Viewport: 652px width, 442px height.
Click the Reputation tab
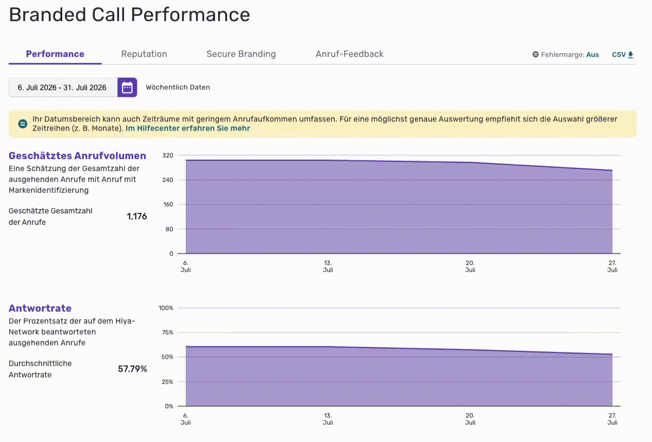tap(144, 54)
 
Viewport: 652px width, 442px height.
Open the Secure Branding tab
tap(241, 54)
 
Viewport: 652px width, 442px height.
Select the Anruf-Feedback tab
tap(350, 54)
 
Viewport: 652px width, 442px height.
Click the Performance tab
tap(55, 54)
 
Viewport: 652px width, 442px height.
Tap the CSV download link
tap(623, 55)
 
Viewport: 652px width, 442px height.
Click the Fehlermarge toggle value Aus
tap(592, 55)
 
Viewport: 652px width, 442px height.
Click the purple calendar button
tap(127, 87)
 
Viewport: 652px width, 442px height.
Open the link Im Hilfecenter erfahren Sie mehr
tap(188, 128)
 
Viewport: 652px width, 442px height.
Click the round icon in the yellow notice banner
tap(23, 123)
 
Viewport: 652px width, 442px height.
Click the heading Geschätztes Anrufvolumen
tap(77, 156)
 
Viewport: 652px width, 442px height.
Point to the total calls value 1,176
tap(137, 216)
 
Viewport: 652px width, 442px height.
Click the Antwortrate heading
tap(40, 308)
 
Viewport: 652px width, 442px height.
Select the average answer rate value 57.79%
tap(133, 369)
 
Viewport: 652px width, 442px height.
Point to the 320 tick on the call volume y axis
tap(168, 155)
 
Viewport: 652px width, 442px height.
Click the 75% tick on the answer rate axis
tap(168, 333)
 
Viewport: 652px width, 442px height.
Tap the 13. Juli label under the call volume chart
tap(328, 266)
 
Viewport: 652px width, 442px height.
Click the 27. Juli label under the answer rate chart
tap(612, 419)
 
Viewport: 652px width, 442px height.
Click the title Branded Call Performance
tap(129, 15)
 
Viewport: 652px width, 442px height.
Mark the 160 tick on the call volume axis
tap(168, 204)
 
